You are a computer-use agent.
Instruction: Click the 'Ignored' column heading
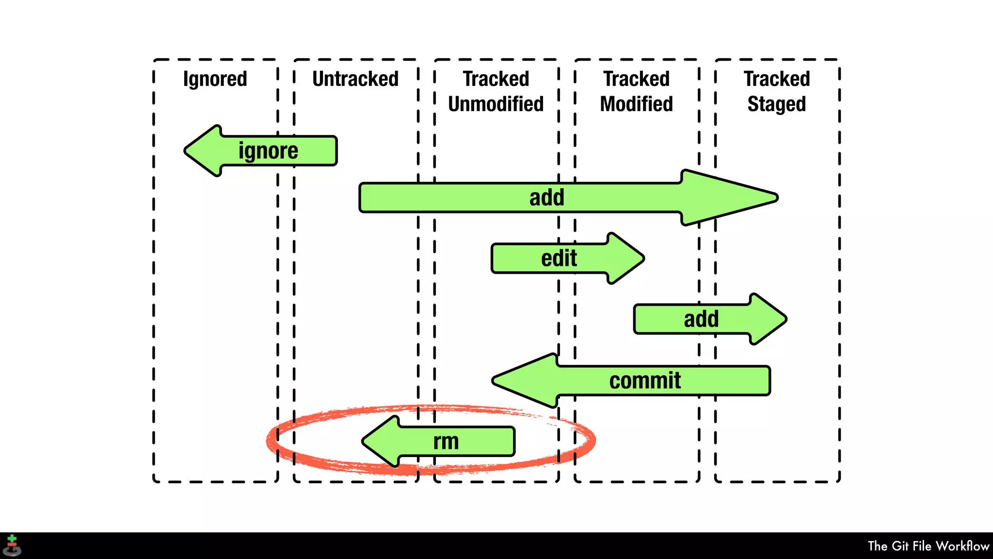click(215, 79)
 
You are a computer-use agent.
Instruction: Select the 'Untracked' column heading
click(355, 79)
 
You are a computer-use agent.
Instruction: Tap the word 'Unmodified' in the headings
click(496, 104)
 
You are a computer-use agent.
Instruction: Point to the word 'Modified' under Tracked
click(636, 104)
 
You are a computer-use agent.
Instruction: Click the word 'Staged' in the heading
click(776, 104)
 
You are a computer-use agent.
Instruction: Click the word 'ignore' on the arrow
click(268, 151)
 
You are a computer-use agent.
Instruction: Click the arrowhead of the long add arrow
click(771, 198)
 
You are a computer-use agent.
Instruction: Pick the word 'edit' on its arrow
click(559, 258)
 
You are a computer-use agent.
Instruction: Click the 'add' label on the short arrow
click(701, 319)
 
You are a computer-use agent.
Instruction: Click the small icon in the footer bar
click(12, 545)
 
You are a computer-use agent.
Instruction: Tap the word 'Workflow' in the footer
click(962, 546)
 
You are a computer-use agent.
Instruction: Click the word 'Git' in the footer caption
click(900, 546)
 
